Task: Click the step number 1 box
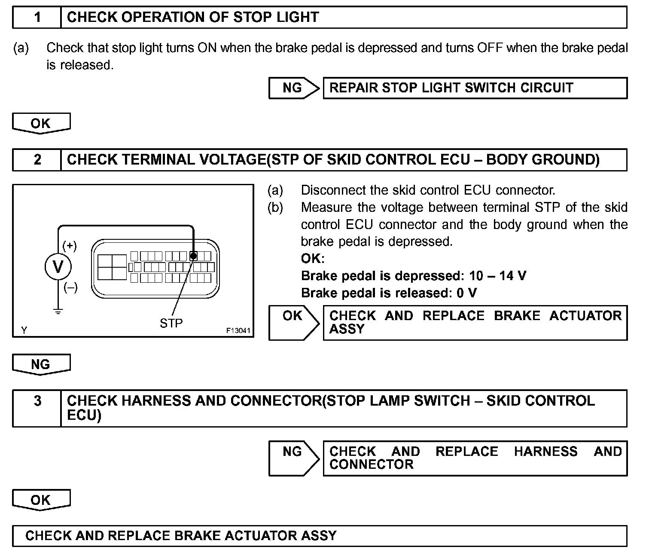[x=37, y=18]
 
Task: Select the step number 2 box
[x=37, y=160]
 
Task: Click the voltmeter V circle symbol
[x=58, y=266]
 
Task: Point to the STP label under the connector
[x=171, y=323]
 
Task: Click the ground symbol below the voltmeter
[x=58, y=311]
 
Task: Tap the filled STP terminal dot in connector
[x=193, y=256]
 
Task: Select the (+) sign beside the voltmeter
[x=70, y=246]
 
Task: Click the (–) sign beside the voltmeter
[x=70, y=287]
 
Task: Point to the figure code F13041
[x=238, y=331]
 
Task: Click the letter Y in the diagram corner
[x=24, y=330]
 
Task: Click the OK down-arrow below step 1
[x=41, y=124]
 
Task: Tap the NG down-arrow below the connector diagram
[x=41, y=365]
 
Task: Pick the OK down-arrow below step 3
[x=41, y=500]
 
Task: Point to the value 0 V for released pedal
[x=467, y=293]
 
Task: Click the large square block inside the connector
[x=112, y=267]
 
